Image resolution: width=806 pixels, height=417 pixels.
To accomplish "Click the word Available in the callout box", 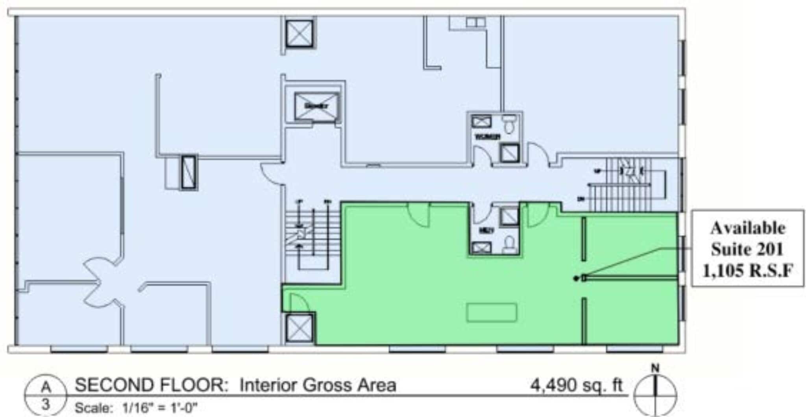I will (x=747, y=228).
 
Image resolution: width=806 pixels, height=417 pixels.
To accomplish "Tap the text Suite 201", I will (x=747, y=249).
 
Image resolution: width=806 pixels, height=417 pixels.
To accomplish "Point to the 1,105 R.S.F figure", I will (x=747, y=271).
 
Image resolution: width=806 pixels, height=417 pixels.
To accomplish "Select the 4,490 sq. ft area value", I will (x=577, y=386).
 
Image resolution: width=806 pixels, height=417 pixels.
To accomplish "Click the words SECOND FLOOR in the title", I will (x=152, y=386).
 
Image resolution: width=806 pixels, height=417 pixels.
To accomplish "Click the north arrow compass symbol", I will (x=655, y=393).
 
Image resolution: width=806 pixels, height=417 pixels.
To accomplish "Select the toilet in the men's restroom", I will (x=510, y=244).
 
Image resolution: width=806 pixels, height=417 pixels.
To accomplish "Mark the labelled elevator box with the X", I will (x=316, y=106).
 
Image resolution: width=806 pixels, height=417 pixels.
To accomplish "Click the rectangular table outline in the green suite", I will (x=492, y=313).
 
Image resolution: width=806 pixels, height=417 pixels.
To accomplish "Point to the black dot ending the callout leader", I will (x=576, y=278).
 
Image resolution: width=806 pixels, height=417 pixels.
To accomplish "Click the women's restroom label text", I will (x=488, y=137).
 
